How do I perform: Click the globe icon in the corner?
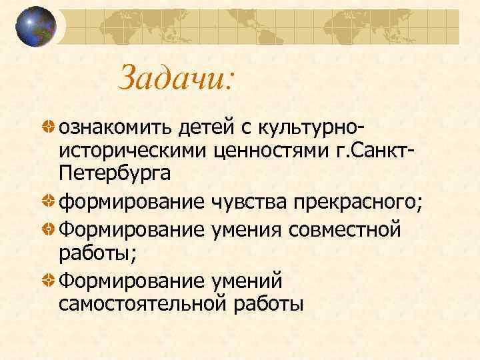(x=36, y=26)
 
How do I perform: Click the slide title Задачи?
(x=176, y=79)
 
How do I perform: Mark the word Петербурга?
(x=115, y=175)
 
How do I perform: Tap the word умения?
(x=247, y=230)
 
